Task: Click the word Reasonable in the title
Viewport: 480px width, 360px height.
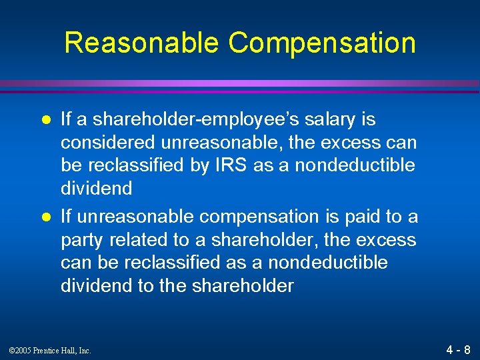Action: click(x=141, y=43)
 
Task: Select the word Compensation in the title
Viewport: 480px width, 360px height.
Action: click(x=322, y=43)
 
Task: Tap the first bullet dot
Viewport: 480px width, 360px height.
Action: click(x=47, y=121)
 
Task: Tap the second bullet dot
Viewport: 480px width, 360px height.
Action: click(x=47, y=217)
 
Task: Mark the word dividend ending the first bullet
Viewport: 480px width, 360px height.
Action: click(x=96, y=189)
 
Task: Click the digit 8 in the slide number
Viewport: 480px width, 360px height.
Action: click(x=467, y=349)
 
